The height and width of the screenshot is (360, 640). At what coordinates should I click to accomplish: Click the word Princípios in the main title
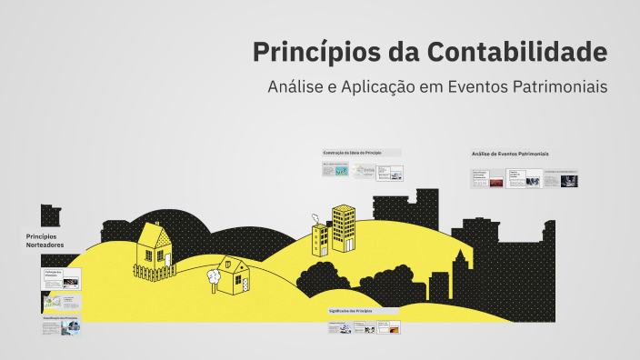click(x=306, y=52)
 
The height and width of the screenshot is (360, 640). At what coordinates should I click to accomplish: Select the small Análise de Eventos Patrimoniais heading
click(x=510, y=154)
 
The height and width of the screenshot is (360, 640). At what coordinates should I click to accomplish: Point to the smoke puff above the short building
click(x=315, y=217)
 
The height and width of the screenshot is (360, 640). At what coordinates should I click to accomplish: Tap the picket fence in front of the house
click(x=155, y=271)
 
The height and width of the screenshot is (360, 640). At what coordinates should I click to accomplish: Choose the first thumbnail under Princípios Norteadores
click(x=60, y=278)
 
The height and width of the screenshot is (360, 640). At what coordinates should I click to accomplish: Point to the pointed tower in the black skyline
click(x=461, y=259)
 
